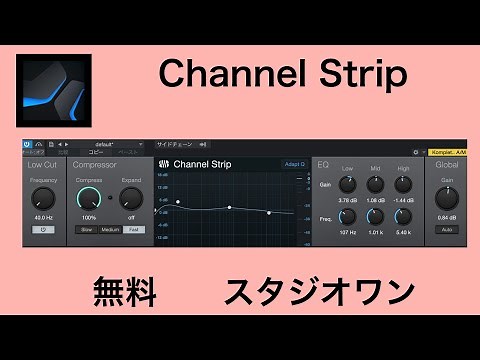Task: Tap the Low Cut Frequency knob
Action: click(x=43, y=196)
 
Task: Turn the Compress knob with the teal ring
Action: click(x=89, y=196)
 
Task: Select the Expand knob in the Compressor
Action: click(x=132, y=196)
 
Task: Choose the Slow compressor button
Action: click(x=88, y=229)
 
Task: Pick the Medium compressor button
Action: click(x=110, y=229)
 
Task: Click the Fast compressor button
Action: click(x=133, y=229)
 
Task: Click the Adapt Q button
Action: click(x=294, y=163)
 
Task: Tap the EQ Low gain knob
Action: click(x=348, y=184)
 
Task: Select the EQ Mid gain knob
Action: click(x=375, y=184)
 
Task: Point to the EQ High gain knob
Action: click(x=403, y=184)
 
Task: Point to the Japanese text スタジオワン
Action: click(x=318, y=293)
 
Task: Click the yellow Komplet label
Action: click(x=446, y=152)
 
